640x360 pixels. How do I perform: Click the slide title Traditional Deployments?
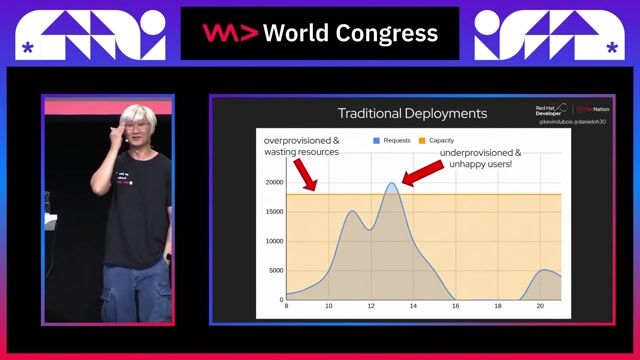[412, 114]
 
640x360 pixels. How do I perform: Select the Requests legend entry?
[396, 140]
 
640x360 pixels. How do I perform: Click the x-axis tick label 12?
[371, 307]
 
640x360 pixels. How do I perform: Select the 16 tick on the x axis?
[455, 307]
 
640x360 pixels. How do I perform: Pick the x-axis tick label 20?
[540, 307]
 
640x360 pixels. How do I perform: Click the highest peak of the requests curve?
[393, 183]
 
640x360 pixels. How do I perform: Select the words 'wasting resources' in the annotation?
[301, 152]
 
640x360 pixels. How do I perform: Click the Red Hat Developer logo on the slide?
[549, 110]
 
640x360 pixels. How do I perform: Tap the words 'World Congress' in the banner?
[350, 33]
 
